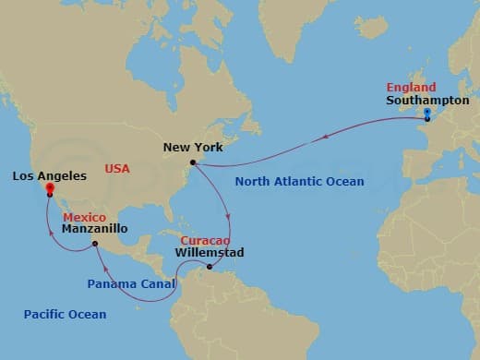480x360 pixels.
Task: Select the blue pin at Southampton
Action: tap(426, 113)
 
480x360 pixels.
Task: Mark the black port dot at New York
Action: tap(193, 163)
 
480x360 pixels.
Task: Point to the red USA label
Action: tap(117, 169)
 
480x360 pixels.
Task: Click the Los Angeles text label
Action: tap(50, 175)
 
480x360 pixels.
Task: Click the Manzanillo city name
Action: tap(96, 228)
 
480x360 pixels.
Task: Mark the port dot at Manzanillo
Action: tap(95, 245)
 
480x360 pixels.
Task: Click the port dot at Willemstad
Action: tap(210, 268)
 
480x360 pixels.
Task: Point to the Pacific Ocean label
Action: tap(65, 315)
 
